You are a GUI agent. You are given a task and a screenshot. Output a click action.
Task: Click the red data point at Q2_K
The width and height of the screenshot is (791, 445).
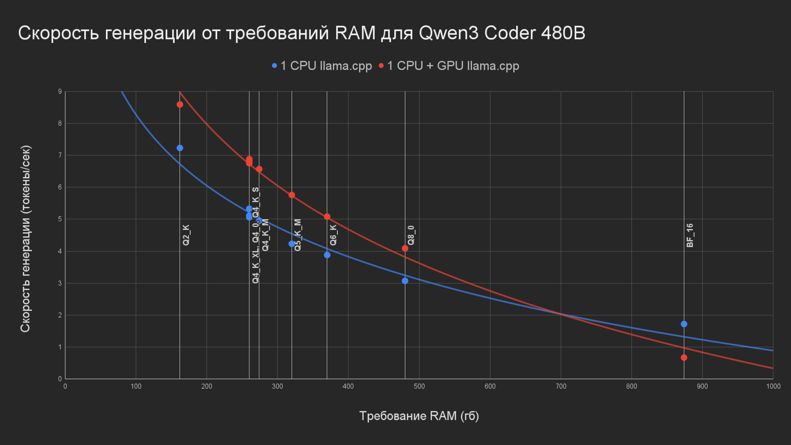point(180,105)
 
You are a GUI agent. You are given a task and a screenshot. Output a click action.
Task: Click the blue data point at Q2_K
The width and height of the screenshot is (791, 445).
point(180,148)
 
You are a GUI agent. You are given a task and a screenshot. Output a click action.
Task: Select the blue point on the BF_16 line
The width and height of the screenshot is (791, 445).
point(684,324)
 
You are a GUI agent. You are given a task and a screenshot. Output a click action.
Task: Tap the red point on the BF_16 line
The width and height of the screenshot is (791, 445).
point(684,358)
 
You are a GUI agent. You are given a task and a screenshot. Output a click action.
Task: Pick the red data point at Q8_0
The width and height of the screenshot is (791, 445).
point(405,248)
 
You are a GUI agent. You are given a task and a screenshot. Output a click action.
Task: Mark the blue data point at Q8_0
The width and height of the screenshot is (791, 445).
point(405,281)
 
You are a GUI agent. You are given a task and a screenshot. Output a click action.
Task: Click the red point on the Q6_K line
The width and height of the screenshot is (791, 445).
point(327,217)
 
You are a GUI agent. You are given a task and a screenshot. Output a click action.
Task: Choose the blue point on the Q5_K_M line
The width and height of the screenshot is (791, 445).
point(292,244)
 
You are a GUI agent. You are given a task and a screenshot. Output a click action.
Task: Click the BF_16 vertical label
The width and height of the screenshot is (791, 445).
point(690,235)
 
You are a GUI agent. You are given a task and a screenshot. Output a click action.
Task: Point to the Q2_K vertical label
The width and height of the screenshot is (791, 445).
point(186,235)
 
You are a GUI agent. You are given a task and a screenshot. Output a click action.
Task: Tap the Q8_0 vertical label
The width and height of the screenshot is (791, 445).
point(411,235)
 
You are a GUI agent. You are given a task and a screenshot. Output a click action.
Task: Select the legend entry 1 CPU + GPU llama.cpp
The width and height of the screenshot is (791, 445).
point(453,66)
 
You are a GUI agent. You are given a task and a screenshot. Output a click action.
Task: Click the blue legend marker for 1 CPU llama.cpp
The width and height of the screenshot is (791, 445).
point(274,66)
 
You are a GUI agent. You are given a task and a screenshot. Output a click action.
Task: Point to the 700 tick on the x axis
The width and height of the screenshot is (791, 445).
point(561,386)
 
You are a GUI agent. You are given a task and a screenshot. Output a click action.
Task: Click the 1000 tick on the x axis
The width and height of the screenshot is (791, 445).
point(773,386)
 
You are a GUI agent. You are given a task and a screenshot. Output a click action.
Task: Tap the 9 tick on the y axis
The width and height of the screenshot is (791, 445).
point(60,91)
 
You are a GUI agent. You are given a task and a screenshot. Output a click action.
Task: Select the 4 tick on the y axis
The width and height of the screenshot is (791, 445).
point(60,251)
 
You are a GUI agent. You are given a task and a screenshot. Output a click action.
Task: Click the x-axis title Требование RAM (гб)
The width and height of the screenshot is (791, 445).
point(419,416)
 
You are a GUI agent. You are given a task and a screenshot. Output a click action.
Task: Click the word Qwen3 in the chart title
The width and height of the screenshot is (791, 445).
point(449,33)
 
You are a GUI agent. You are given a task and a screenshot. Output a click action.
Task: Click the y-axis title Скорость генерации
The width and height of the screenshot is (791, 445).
point(26,239)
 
